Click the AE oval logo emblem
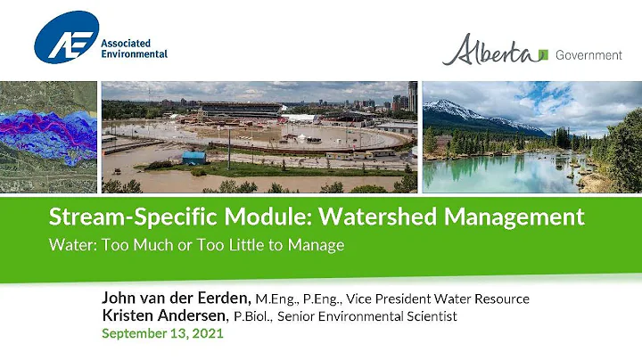tap(66, 38)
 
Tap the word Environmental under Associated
tap(134, 53)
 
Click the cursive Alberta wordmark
tap(491, 52)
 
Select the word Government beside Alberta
tap(588, 54)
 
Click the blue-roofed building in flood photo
tap(193, 157)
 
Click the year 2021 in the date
tap(206, 334)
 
